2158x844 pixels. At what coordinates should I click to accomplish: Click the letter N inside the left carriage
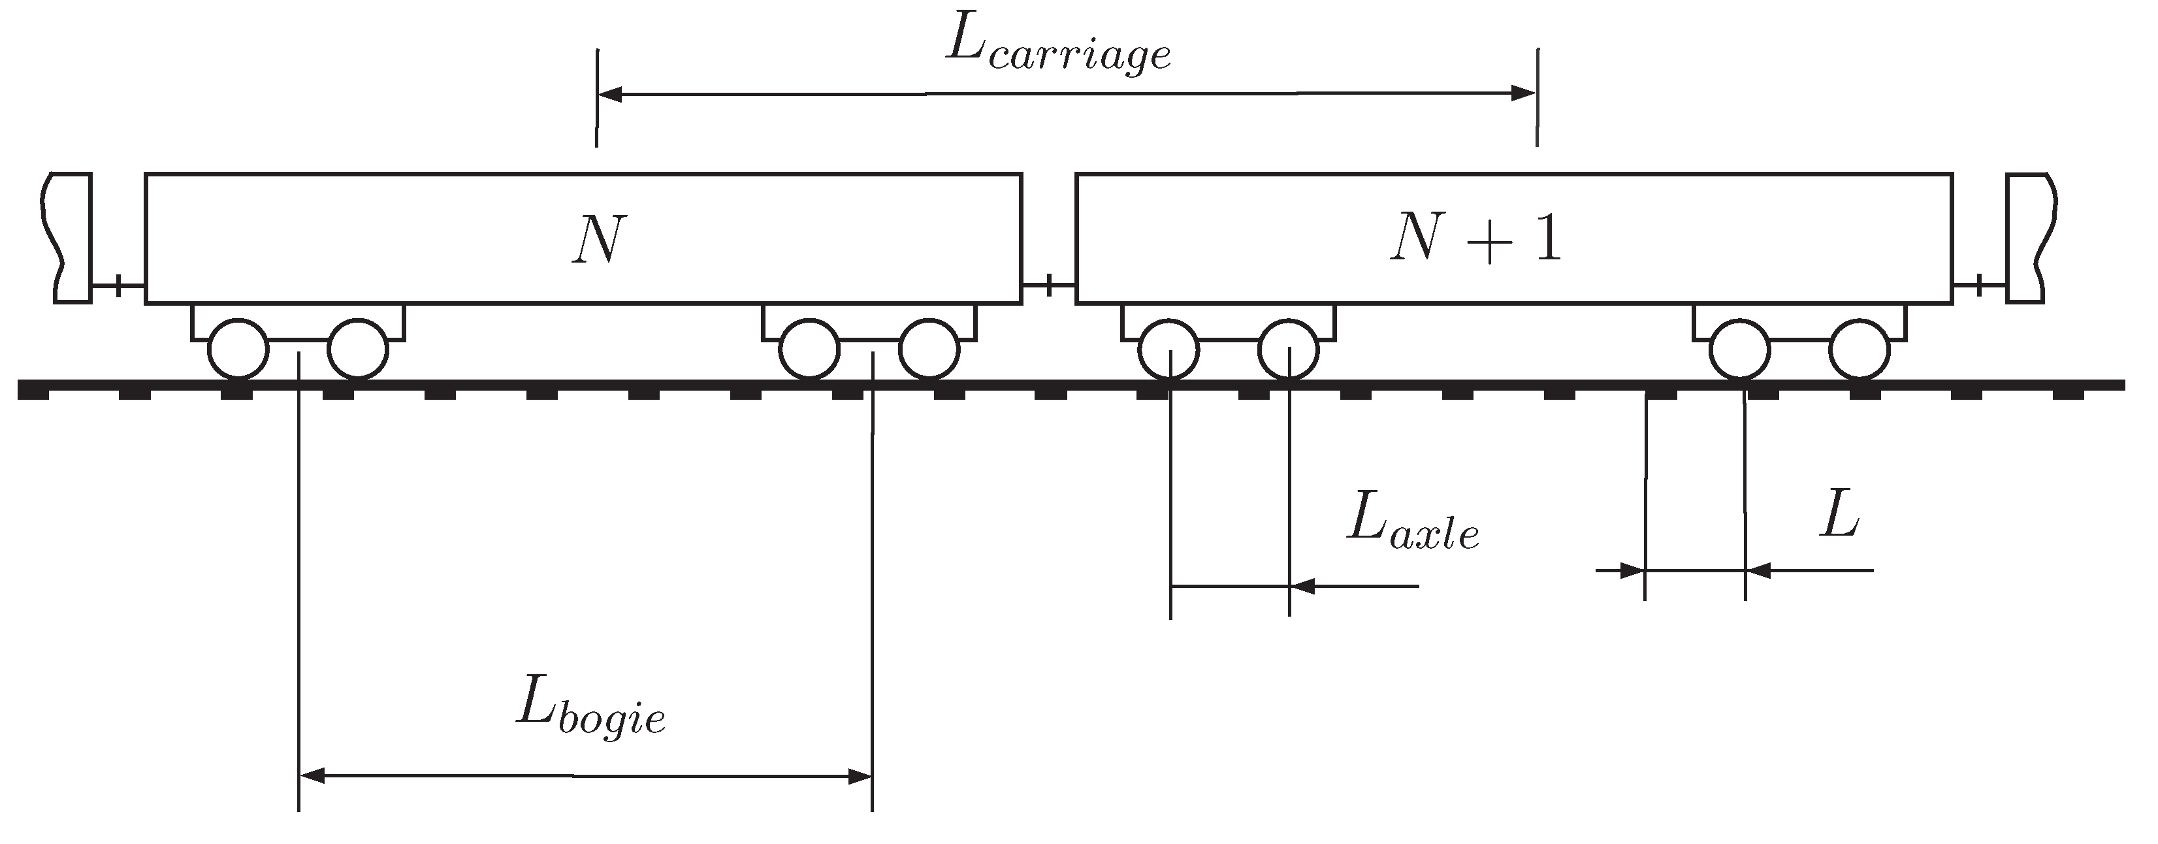coord(600,240)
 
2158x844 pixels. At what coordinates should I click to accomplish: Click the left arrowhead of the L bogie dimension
coord(312,776)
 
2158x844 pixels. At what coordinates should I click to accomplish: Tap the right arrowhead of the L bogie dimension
coord(860,776)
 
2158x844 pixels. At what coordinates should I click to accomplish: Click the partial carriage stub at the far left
coord(71,237)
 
